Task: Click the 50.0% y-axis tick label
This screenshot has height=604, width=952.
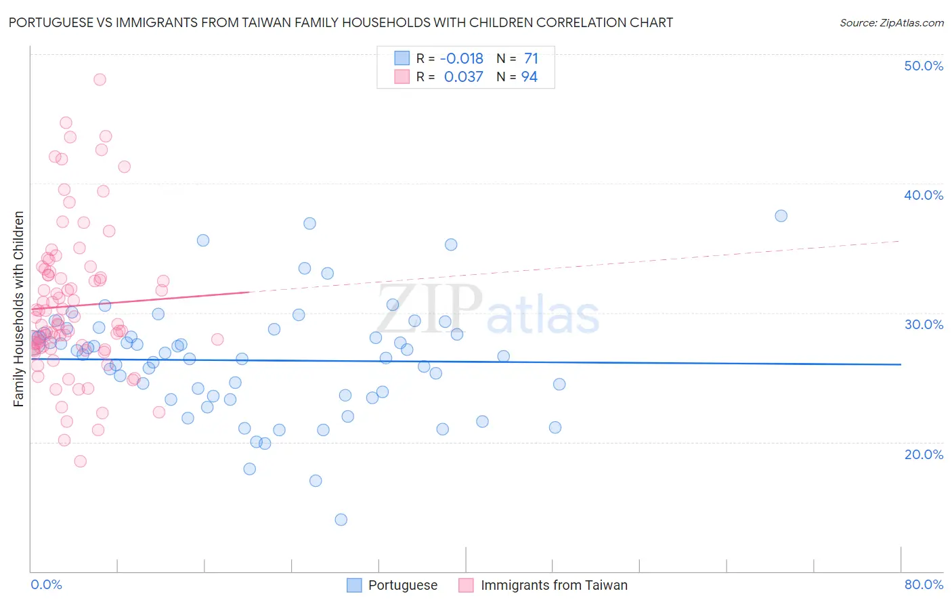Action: point(924,66)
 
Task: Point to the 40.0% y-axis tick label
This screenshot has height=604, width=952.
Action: point(924,195)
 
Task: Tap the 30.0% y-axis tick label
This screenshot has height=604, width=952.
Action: point(924,324)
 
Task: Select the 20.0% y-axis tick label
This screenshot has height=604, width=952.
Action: point(924,454)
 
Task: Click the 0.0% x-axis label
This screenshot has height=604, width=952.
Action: point(46,584)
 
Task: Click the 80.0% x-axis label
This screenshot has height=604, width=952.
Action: point(924,584)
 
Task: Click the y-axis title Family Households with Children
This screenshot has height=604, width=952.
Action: point(19,309)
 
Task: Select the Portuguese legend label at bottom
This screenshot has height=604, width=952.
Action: point(403,585)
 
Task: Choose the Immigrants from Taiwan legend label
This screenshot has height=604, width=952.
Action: point(554,585)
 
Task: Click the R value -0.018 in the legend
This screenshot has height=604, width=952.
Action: point(462,58)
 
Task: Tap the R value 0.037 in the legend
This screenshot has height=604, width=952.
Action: point(464,77)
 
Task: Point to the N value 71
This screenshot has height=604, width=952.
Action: point(531,58)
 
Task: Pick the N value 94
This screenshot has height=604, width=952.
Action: point(529,77)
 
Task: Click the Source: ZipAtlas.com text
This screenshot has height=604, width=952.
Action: point(891,22)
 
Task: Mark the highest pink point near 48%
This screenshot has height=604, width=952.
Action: point(100,79)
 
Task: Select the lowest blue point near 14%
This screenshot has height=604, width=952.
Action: point(341,519)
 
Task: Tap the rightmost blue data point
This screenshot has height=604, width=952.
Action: point(781,216)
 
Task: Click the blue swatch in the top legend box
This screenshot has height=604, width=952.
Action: point(402,58)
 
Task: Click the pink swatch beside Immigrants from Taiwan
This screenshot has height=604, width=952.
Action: point(466,585)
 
